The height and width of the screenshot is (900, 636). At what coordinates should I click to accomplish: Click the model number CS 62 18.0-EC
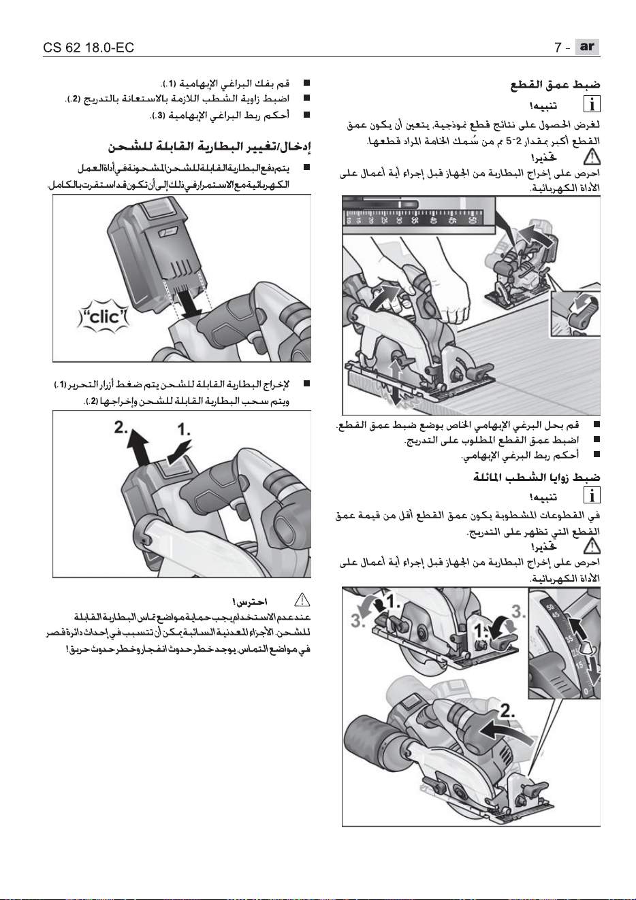(x=89, y=48)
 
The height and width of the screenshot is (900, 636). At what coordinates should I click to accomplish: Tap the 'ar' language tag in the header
(x=587, y=47)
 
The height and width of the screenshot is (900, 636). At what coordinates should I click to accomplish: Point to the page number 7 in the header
(x=558, y=48)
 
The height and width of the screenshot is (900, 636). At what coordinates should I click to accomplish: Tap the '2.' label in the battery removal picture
(x=121, y=427)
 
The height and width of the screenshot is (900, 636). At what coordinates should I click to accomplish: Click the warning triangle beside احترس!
(x=302, y=600)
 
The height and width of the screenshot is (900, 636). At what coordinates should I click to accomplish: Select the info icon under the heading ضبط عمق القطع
(x=592, y=105)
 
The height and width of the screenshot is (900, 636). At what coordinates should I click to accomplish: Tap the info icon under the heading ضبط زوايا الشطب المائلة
(x=592, y=495)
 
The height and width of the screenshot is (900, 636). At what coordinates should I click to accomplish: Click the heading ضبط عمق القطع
(x=555, y=84)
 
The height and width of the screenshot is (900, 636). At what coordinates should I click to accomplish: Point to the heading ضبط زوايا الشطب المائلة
(x=537, y=477)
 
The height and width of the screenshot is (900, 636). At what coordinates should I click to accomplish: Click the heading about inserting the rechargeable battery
(x=210, y=147)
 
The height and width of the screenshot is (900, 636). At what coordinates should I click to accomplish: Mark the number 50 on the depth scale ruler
(x=471, y=219)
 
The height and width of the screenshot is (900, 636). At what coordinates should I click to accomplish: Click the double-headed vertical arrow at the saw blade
(x=396, y=382)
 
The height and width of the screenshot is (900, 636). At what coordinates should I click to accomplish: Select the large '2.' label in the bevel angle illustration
(x=507, y=712)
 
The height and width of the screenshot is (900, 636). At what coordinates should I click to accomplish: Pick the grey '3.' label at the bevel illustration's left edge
(x=357, y=620)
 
